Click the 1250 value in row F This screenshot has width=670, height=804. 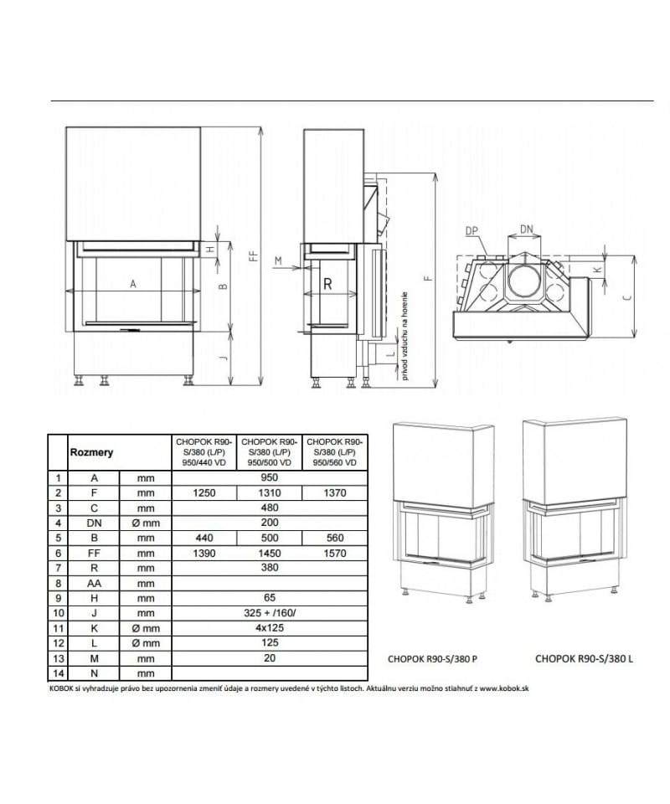(204, 493)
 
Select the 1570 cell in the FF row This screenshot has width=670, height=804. (335, 554)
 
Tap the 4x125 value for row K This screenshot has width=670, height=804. (269, 628)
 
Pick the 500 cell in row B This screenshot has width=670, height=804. (269, 538)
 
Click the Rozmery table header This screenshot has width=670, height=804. (91, 452)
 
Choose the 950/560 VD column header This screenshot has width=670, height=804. (335, 451)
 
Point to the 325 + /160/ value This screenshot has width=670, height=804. (269, 613)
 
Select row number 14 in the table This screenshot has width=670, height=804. (58, 673)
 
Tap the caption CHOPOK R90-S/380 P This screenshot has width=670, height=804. (432, 659)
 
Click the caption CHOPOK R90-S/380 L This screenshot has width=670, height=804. (584, 659)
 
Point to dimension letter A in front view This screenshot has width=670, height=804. (132, 284)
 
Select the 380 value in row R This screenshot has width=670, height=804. (269, 568)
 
